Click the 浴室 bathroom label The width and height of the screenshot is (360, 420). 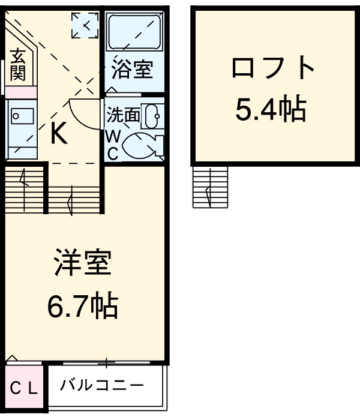(131, 70)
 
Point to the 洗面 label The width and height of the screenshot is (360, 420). (124, 114)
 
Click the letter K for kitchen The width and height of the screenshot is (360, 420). (58, 133)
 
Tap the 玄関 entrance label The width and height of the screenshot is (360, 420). (16, 65)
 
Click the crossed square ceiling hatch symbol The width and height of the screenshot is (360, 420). (84, 25)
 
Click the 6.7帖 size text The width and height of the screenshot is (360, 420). (83, 307)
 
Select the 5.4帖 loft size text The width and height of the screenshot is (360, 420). (271, 109)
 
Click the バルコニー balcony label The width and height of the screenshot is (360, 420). (102, 385)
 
